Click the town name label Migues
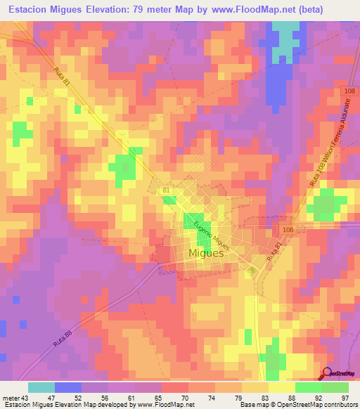point(207,253)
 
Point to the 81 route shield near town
point(166,190)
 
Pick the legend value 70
point(165,397)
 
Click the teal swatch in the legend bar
point(41,387)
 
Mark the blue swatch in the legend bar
point(67,387)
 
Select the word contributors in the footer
point(340,405)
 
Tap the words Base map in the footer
point(253,405)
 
